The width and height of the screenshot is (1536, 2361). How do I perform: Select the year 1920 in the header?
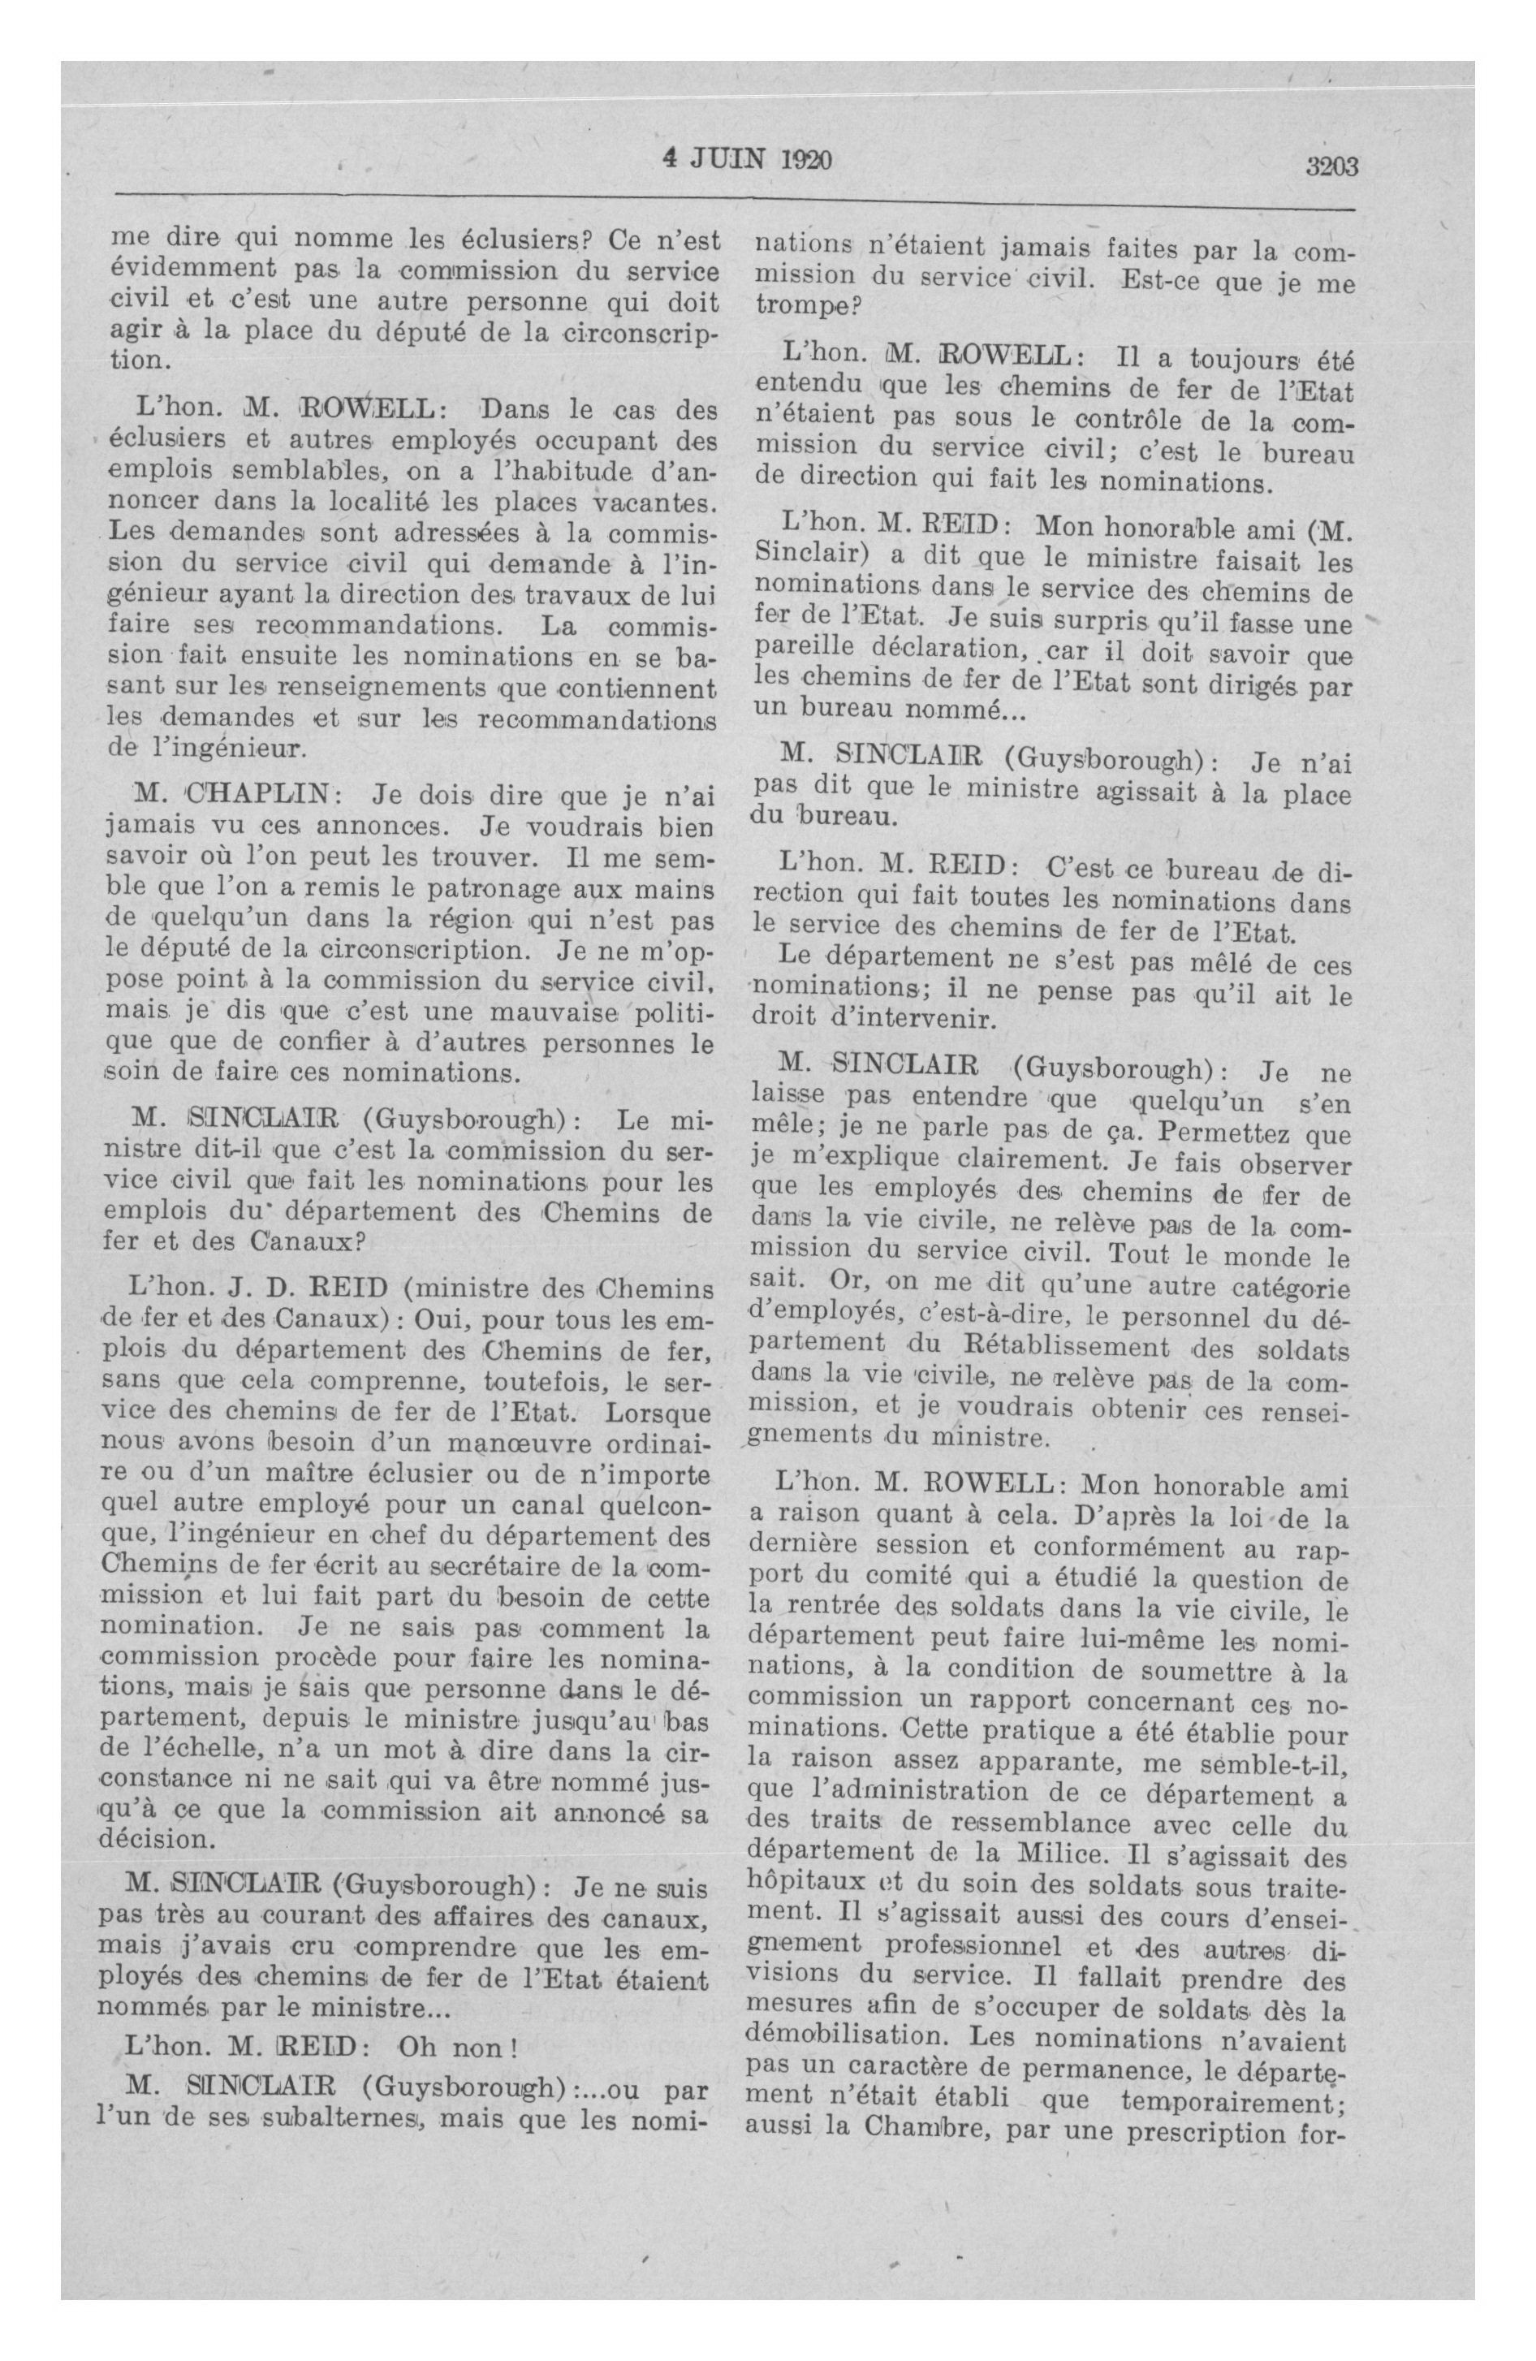802,161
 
